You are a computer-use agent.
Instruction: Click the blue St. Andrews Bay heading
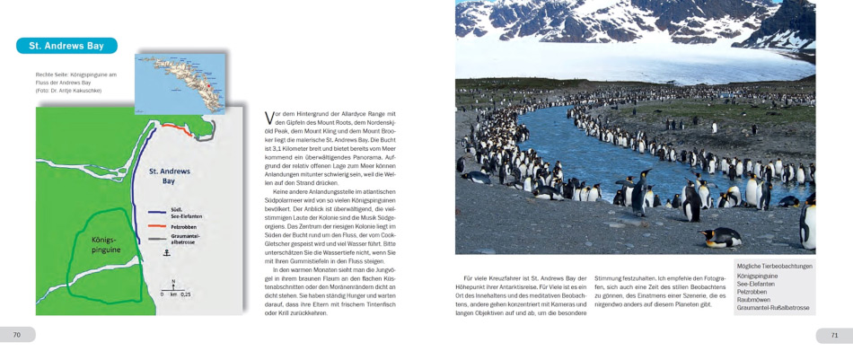66,46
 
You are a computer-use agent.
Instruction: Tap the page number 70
16,335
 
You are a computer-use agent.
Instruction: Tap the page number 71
834,335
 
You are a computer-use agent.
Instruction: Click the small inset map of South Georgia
180,83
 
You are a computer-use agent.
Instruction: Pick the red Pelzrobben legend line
157,227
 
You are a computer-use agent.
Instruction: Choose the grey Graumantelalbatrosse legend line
157,239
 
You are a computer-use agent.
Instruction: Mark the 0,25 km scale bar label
184,294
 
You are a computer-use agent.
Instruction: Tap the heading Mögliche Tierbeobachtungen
774,267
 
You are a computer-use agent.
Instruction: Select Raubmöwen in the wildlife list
754,300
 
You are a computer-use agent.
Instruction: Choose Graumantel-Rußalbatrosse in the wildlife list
772,308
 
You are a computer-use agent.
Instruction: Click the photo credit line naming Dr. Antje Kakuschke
69,91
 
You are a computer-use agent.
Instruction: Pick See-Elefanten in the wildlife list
756,284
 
